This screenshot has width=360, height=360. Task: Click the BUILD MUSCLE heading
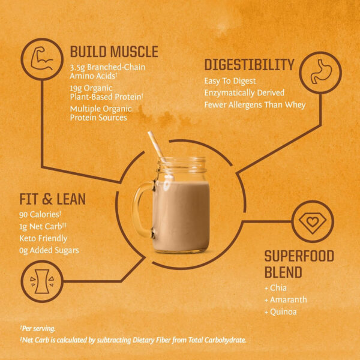[x=114, y=52]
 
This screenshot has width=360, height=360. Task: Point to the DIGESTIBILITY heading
[x=249, y=65]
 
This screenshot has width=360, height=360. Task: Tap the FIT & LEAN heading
[x=53, y=199]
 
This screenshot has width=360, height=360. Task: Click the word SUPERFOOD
[x=299, y=256]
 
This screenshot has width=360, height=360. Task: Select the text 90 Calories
[x=40, y=214]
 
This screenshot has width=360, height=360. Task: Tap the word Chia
[x=280, y=288]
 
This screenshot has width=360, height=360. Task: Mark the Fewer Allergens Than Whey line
[x=255, y=105]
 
